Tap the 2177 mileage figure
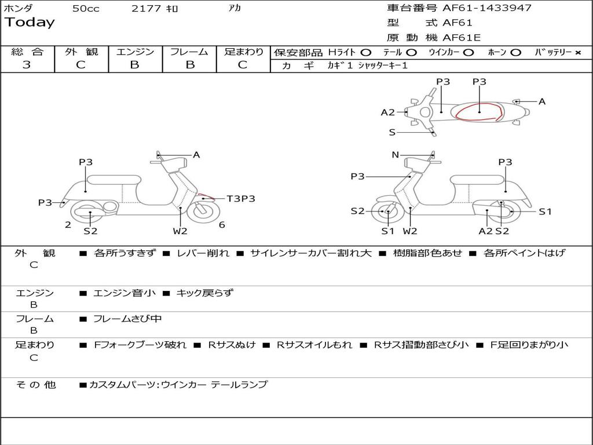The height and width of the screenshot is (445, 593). coord(147,9)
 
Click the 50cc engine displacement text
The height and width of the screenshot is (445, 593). coord(86,9)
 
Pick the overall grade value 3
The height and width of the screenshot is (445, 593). coord(27,65)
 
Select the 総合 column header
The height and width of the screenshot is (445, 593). coord(27,52)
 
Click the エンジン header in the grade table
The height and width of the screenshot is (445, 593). coord(135,52)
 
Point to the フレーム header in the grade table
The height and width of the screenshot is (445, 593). coord(189,52)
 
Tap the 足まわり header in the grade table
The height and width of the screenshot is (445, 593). coord(243,52)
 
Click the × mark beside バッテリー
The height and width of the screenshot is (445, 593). coord(578,52)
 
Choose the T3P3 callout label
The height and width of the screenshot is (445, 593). coord(241,199)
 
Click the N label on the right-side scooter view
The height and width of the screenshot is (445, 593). coord(395,155)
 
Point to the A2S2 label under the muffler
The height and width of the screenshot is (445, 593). coord(493,231)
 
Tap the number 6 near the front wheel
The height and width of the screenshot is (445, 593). coord(222,225)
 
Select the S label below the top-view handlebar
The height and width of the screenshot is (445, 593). coord(392,133)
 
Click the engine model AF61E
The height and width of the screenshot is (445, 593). coord(461,38)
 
